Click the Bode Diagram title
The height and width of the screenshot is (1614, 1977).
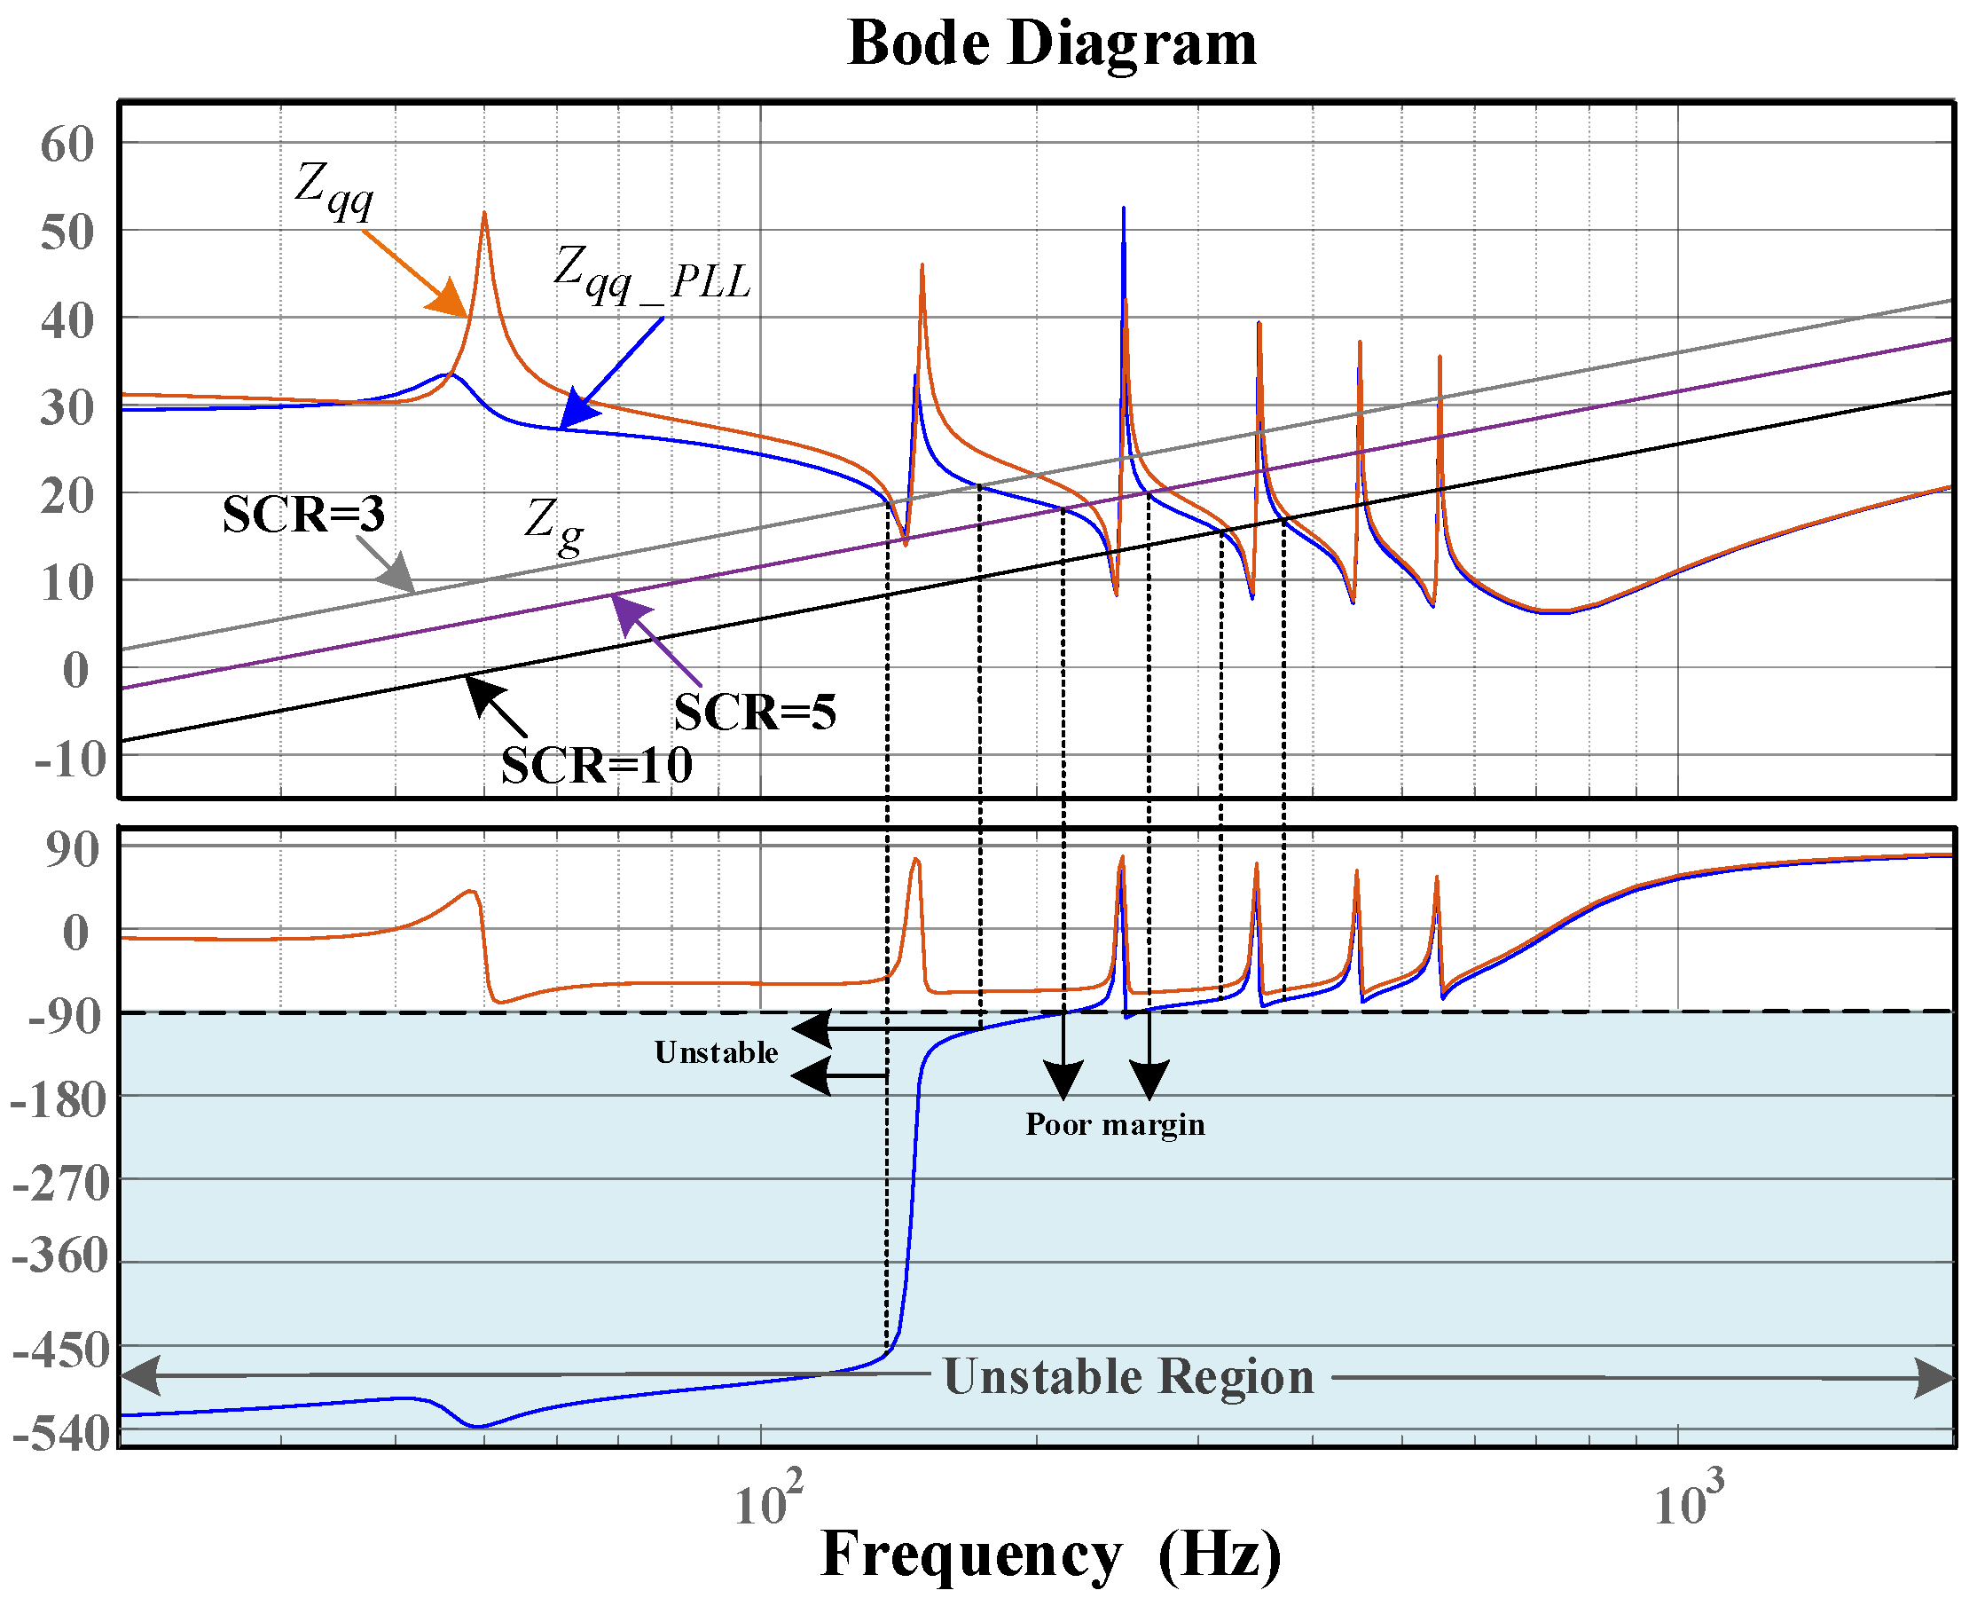point(1052,43)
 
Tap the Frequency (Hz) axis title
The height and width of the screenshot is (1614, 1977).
point(1051,1555)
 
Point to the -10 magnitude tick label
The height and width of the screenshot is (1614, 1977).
point(71,760)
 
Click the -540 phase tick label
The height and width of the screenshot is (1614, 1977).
point(61,1435)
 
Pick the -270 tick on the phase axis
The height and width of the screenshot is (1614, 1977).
point(61,1185)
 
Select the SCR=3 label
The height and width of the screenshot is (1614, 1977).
point(303,514)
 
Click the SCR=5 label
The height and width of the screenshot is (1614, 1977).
point(755,713)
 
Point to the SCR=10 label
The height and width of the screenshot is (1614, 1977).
point(597,766)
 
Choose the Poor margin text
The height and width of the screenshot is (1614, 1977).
point(1114,1125)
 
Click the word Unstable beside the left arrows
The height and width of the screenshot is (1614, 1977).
point(716,1052)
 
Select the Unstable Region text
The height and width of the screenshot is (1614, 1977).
point(1128,1377)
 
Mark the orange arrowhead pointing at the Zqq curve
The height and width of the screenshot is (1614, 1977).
point(450,299)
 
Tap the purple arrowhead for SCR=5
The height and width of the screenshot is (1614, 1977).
point(628,614)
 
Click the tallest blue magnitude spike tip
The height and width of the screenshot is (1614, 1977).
point(1124,209)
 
